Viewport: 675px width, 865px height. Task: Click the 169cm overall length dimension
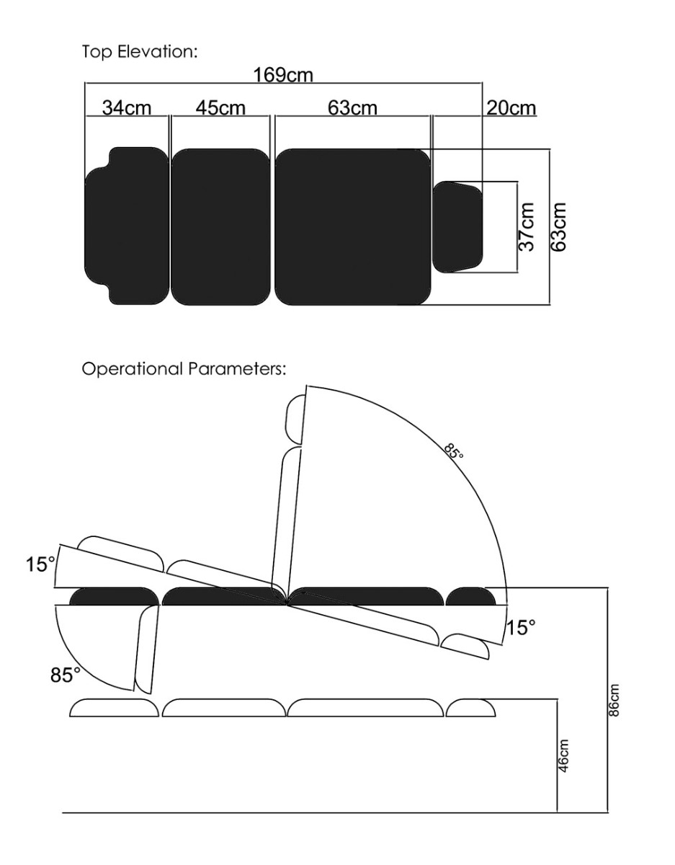(283, 75)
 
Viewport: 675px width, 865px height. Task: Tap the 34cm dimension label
(127, 108)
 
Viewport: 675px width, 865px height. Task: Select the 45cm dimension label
(220, 108)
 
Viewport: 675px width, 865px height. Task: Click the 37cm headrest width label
(526, 226)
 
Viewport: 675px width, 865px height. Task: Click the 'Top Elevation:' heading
(140, 52)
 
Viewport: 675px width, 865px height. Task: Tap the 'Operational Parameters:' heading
(184, 369)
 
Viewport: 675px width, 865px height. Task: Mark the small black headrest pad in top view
(457, 227)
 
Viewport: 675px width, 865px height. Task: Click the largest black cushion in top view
(353, 227)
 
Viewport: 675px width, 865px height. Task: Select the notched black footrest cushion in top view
(127, 226)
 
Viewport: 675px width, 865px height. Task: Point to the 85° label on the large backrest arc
(453, 451)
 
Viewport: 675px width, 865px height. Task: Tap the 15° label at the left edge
(40, 564)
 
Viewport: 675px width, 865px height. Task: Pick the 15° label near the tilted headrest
(521, 627)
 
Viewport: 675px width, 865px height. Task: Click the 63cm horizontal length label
(352, 108)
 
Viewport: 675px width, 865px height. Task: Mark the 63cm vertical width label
(558, 227)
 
